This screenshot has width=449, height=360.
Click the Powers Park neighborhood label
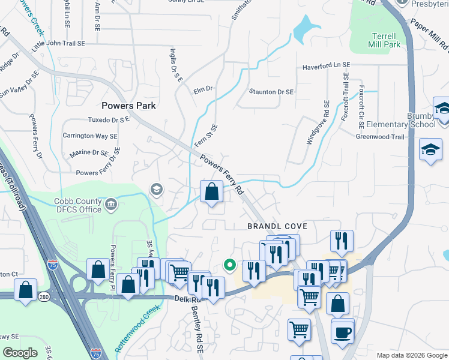pos(128,106)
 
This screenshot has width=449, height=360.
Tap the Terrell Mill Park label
pos(384,40)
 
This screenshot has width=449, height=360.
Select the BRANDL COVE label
pos(277,226)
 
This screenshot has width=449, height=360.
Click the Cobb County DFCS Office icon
pos(111,205)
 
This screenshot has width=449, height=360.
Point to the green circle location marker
pos(229,263)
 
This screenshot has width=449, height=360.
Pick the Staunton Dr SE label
pos(271,92)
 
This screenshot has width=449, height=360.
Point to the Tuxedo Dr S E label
pos(108,119)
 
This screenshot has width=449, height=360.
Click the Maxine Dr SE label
pos(88,154)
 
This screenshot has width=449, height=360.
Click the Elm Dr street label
pos(203,89)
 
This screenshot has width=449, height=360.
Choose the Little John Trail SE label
pos(59,44)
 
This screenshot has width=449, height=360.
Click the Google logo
pos(20,353)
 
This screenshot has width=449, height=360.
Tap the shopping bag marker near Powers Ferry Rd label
pos(211,193)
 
